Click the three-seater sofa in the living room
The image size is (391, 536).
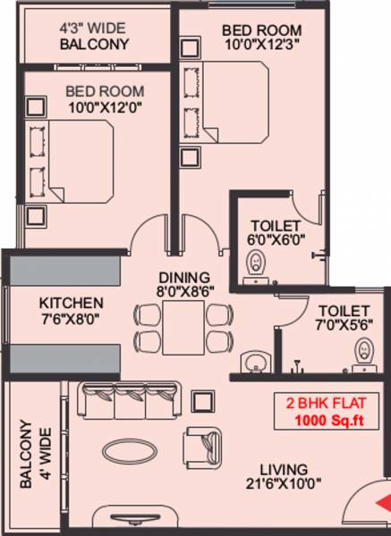(x=129, y=401)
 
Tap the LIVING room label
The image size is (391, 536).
(x=285, y=469)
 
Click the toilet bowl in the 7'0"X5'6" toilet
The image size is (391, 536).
(x=363, y=349)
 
